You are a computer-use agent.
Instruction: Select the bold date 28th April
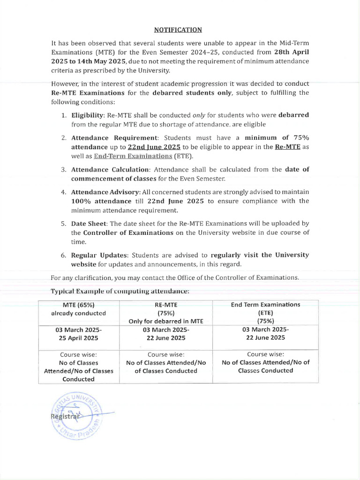(x=291, y=52)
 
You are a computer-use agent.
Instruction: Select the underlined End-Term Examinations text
(x=133, y=156)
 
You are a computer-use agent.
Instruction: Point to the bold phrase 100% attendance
(x=98, y=201)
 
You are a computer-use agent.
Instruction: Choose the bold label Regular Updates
(x=100, y=255)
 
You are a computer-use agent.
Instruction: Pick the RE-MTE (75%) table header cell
(x=166, y=313)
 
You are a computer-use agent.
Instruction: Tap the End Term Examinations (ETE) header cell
(x=265, y=312)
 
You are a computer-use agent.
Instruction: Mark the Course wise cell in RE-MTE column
(x=166, y=362)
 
